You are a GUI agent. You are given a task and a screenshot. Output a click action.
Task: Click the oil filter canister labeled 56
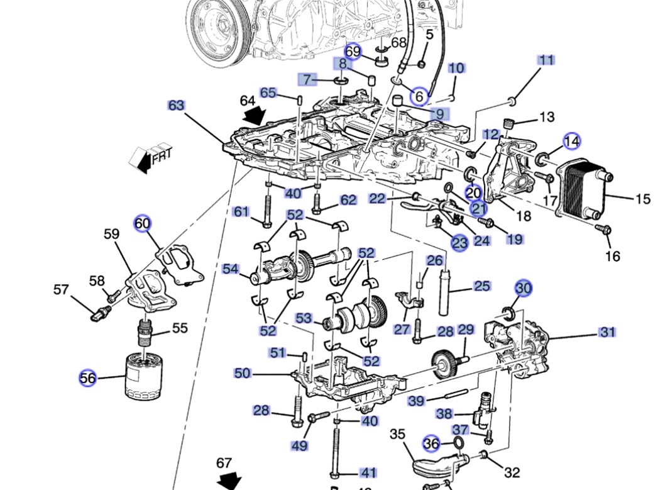pos(145,376)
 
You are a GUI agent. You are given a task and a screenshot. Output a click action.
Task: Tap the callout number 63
pos(176,105)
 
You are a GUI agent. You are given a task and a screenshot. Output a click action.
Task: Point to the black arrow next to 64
pos(255,114)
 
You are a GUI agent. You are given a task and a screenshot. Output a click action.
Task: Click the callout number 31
pos(607,332)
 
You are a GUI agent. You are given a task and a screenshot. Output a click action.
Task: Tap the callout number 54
pos(231,269)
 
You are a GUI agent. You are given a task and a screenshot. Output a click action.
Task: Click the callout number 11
pos(546,60)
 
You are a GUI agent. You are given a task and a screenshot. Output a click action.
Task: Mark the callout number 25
pos(482,286)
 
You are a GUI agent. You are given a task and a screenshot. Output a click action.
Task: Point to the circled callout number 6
pos(419,97)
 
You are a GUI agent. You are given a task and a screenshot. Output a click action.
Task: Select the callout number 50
pos(242,373)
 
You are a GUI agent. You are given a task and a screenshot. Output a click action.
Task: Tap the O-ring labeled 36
pos(459,442)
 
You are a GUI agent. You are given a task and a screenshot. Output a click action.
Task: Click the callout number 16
pos(613,256)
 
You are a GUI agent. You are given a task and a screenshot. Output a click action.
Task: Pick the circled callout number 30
pos(524,288)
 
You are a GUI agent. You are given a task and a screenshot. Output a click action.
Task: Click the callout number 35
pos(397,434)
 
